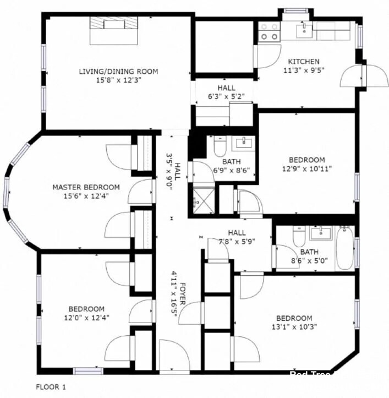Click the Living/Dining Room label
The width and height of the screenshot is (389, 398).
(118, 71)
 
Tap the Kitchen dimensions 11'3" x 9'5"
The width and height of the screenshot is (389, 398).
(304, 70)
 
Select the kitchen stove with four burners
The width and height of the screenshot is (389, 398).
(269, 32)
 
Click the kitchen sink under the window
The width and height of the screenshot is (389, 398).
(304, 30)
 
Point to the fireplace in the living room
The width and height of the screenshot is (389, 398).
(114, 29)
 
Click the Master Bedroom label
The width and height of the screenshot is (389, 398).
(86, 187)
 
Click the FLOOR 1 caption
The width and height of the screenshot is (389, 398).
(51, 387)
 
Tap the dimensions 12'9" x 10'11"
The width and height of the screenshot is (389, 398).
(308, 168)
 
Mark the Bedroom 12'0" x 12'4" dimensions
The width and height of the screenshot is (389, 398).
(86, 317)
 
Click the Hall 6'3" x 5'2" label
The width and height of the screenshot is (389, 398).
(226, 88)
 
